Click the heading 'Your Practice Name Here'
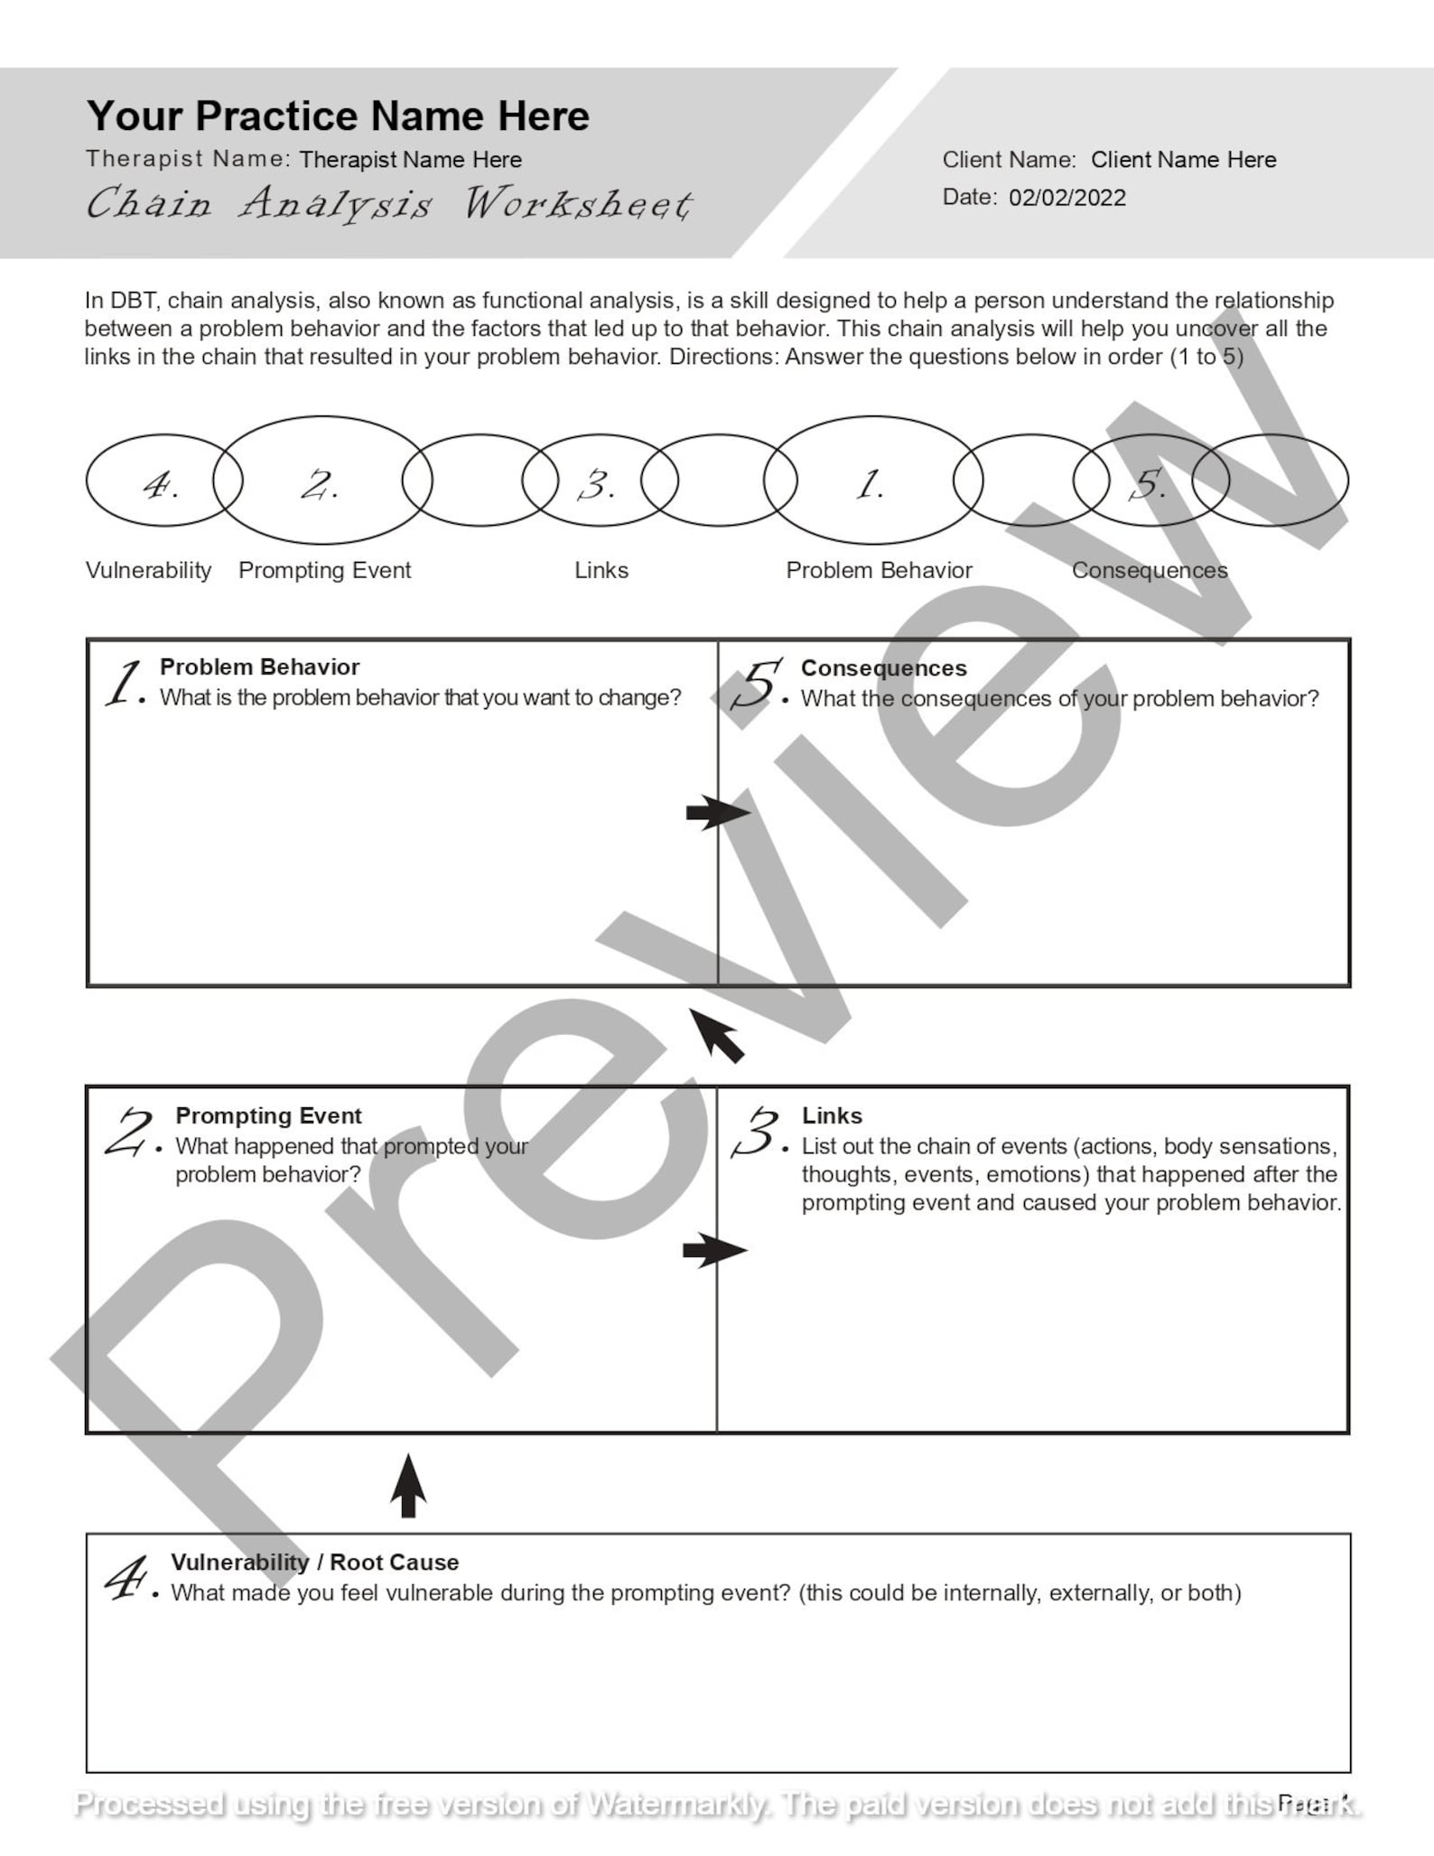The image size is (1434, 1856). coord(338,116)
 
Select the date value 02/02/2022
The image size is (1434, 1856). coord(1067,198)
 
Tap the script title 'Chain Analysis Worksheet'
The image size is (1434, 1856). coord(389,203)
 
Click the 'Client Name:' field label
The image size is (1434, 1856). coord(1009,160)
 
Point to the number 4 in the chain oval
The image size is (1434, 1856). coord(161,485)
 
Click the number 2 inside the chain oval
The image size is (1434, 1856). coord(320,485)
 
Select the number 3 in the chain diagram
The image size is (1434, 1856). coord(597,485)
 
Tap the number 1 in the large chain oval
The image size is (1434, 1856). coord(870,485)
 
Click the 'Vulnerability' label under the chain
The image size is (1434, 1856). coord(148,570)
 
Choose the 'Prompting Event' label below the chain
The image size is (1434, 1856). coord(324,570)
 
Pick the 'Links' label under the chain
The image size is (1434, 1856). coord(601,570)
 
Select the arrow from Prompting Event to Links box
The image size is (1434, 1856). coord(714,1251)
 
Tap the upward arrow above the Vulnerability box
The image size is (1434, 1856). coord(408,1486)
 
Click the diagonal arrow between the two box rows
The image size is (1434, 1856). coord(717,1035)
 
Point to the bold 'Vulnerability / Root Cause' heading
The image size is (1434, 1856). coord(314,1562)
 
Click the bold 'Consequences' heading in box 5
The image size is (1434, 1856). coord(883,667)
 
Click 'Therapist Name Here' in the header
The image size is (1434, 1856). coord(410,160)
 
